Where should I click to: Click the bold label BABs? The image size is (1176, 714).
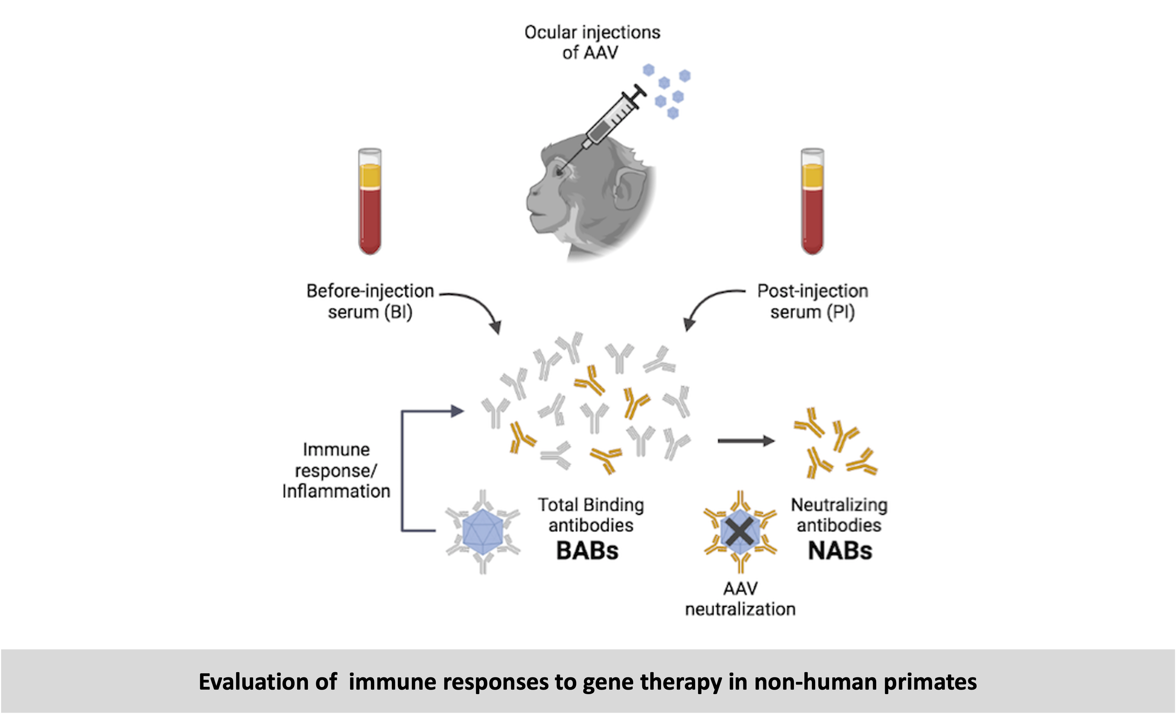click(587, 551)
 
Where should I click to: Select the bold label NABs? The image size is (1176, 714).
click(840, 551)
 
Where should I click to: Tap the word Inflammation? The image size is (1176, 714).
click(336, 491)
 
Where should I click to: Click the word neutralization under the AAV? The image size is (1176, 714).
click(740, 609)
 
